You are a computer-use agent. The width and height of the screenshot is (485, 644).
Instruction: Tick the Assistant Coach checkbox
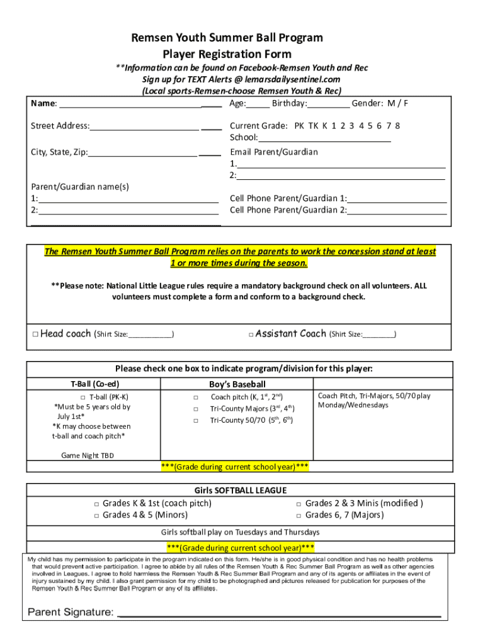point(251,335)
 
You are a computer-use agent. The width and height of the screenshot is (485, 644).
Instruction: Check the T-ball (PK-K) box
point(83,397)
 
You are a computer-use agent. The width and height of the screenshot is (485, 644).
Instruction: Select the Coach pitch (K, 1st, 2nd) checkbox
point(196,397)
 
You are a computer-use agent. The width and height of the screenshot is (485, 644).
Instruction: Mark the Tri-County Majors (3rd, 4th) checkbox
point(196,409)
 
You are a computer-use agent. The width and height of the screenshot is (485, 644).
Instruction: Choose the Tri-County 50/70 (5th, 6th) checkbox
point(196,421)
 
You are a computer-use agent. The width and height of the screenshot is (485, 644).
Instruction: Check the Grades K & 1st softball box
point(96,504)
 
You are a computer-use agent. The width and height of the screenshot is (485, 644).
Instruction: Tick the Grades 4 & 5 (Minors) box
point(96,516)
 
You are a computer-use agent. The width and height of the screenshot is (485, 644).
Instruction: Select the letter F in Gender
point(406,103)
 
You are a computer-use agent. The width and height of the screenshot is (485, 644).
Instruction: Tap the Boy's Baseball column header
point(237,384)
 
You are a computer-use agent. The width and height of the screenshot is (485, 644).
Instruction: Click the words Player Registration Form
point(227,54)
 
